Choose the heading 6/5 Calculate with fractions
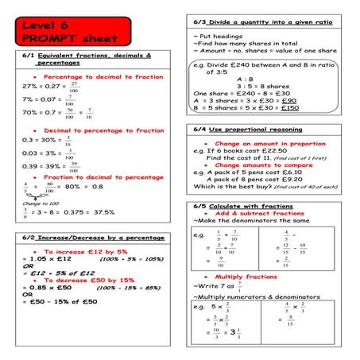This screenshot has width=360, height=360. click(246, 206)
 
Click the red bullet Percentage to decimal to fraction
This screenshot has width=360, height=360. click(96, 75)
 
